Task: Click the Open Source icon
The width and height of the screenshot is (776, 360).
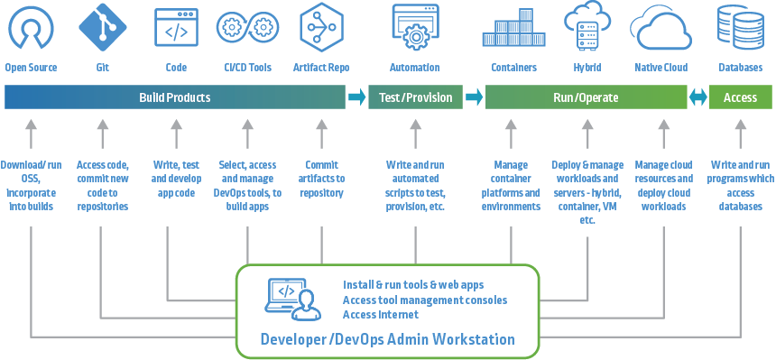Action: tap(31, 29)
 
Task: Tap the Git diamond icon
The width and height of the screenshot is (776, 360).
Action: tap(101, 29)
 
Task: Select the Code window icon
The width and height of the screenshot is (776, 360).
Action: tap(176, 29)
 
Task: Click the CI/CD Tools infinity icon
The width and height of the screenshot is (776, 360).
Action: tap(247, 29)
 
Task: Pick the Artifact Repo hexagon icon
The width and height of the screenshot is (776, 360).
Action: tap(321, 29)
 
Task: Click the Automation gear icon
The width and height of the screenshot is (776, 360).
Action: tap(414, 29)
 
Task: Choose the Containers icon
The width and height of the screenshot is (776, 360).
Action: tap(513, 29)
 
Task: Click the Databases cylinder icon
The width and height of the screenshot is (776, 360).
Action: tap(739, 29)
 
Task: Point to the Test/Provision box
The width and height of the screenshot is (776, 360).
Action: tap(415, 97)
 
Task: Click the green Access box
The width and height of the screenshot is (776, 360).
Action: tap(740, 97)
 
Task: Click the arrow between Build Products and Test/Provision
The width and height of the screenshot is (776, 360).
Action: tap(357, 97)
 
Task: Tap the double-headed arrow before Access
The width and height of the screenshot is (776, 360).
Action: tap(697, 97)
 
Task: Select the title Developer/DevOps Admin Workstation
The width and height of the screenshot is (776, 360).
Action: tap(387, 340)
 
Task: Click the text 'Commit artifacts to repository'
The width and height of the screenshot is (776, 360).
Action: tap(322, 179)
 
